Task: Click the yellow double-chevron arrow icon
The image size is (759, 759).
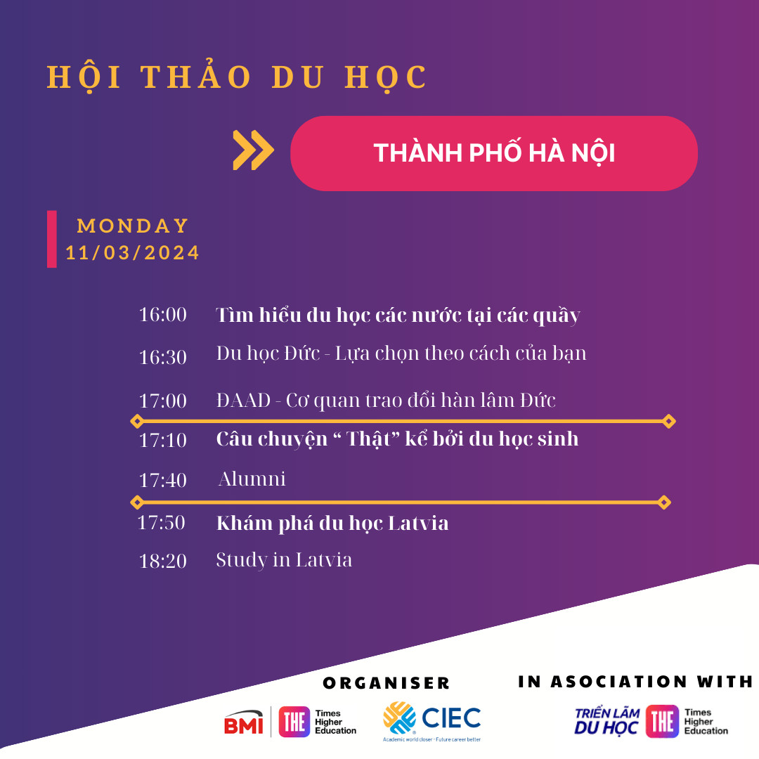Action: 253,150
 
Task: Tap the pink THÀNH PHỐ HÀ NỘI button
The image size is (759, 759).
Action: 494,153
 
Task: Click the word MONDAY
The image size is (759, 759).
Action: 133,226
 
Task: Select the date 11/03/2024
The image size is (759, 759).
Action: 132,253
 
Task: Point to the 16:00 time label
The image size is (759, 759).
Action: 162,315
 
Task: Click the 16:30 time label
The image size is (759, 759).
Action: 162,357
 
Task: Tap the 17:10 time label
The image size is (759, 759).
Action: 162,440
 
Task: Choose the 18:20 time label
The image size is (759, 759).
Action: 162,561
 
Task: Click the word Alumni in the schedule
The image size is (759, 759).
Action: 252,479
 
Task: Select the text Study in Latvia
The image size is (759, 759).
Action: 284,560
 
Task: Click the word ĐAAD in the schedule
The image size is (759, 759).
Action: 243,401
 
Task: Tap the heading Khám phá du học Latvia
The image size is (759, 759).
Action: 332,524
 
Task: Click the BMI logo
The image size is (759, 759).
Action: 243,722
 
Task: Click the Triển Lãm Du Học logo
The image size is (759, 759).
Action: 607,721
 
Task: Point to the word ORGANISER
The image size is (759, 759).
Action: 387,683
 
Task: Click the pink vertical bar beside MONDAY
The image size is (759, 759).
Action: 52,239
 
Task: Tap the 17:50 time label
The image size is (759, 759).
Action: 161,523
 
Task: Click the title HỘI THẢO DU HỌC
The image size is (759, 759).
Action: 237,77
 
